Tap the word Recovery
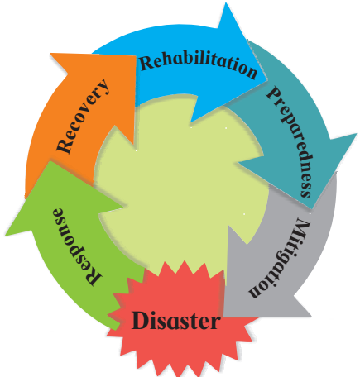pyautogui.click(x=84, y=116)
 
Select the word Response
pyautogui.click(x=76, y=246)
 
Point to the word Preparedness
pyautogui.click(x=290, y=142)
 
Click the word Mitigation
pyautogui.click(x=280, y=258)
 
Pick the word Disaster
pyautogui.click(x=176, y=321)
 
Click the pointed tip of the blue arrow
pyautogui.click(x=267, y=80)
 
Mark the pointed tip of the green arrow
pyautogui.click(x=6, y=236)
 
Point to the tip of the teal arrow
pyautogui.click(x=312, y=209)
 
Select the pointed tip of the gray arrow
pyautogui.click(x=224, y=317)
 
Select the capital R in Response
pyautogui.click(x=94, y=276)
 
